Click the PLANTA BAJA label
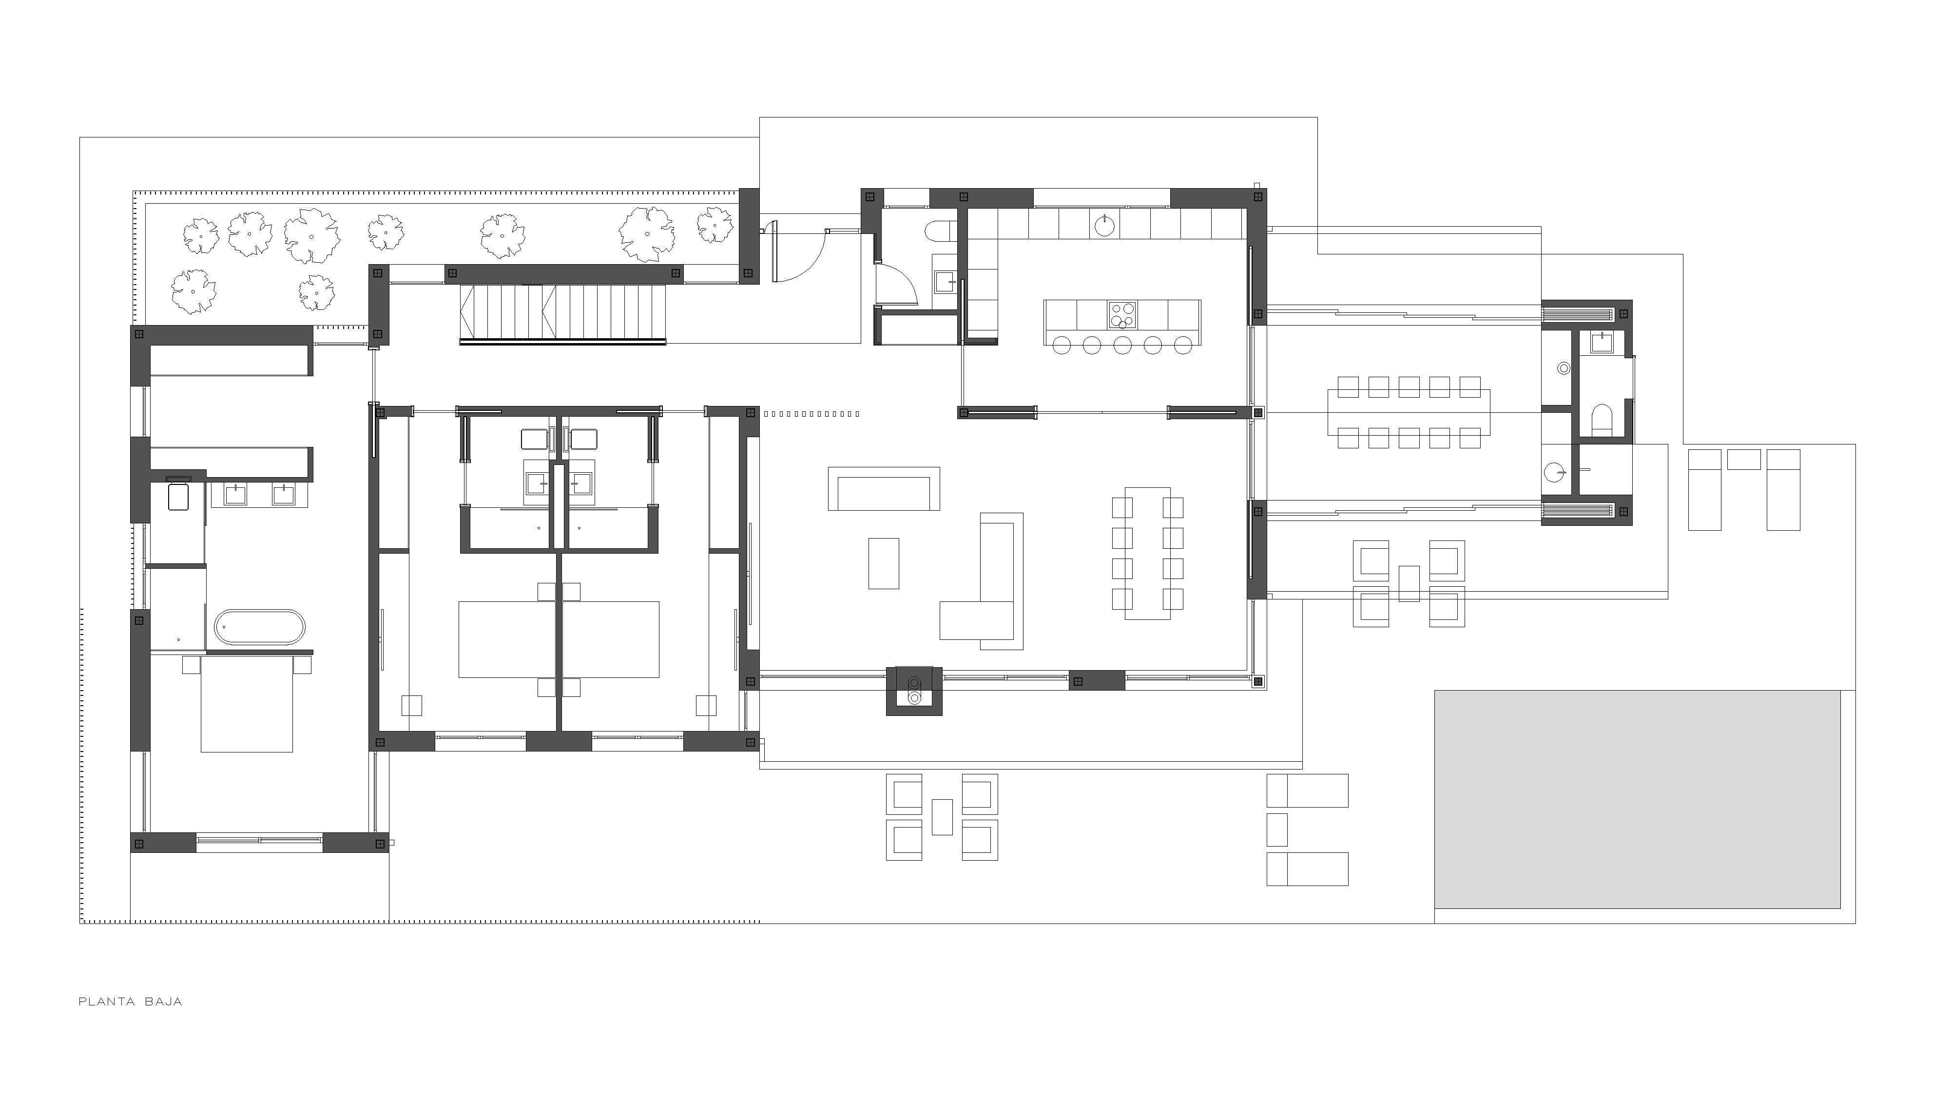point(130,1001)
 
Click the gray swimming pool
point(1638,799)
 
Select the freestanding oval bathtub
point(261,627)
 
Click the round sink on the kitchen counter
point(1105,224)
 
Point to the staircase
point(563,313)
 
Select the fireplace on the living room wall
point(914,691)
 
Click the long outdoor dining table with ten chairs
point(1409,413)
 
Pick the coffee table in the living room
point(884,563)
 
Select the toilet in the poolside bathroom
point(1602,420)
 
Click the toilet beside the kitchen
point(942,230)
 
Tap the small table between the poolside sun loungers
point(1743,460)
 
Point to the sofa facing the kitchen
point(884,488)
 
